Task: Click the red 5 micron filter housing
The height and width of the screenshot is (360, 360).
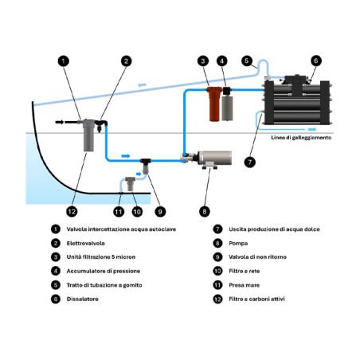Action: point(214,104)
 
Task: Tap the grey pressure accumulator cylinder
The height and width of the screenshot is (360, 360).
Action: point(228,108)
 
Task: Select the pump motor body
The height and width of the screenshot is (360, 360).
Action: point(214,158)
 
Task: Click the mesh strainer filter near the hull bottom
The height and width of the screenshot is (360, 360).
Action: point(130,183)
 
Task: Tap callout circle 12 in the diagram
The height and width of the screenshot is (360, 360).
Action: point(72,212)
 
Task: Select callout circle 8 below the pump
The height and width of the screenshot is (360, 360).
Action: point(205,212)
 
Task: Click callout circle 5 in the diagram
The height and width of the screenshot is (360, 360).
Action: point(247,61)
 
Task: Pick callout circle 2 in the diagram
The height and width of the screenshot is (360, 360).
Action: point(126,61)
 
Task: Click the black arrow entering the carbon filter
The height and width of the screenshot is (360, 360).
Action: point(59,122)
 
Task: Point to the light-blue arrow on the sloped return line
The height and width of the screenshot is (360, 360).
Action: point(142,85)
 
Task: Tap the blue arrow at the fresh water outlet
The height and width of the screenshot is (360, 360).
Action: point(312,129)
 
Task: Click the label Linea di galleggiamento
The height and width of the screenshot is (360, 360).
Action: point(301,138)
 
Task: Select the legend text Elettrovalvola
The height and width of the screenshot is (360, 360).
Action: point(85,243)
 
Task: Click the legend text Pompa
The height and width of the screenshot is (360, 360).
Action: point(238,243)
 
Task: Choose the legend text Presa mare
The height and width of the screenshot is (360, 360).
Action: point(244,285)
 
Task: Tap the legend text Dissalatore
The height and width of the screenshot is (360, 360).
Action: point(82,299)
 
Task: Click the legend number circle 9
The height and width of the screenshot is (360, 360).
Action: point(217,256)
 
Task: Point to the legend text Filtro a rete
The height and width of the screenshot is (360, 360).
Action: point(245,271)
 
